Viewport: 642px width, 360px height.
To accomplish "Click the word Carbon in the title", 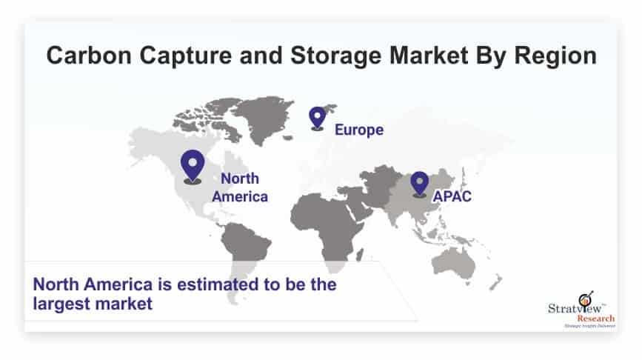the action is point(89,56).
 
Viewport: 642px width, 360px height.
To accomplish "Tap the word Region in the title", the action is point(555,56).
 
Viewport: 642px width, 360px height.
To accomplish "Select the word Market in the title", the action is point(429,56).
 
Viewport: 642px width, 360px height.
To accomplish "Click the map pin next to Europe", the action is point(318,118).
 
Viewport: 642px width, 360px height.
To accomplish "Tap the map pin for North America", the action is point(193,166).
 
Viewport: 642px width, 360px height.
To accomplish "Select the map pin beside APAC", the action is point(419,184).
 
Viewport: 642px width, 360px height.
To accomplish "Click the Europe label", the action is point(359,130).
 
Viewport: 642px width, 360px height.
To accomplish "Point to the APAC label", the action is point(452,196).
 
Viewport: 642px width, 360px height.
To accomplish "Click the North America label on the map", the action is point(240,187).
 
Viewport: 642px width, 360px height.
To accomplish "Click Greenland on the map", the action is point(264,117).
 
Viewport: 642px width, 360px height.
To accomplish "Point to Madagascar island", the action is point(359,256).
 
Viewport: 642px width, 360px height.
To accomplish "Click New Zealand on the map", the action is point(495,283).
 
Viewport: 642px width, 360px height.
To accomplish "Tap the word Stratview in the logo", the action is point(575,308).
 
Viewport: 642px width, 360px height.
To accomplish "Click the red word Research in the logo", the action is point(596,319).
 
